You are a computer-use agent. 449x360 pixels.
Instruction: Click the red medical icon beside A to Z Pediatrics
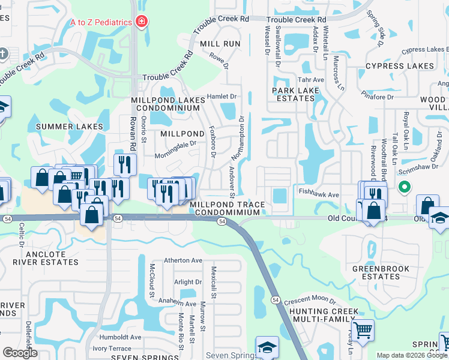(x=142, y=22)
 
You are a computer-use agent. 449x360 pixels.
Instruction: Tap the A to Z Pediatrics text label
(x=101, y=22)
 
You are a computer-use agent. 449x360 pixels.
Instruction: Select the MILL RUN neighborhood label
(x=220, y=44)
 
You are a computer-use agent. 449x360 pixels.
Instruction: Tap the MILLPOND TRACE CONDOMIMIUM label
(x=228, y=208)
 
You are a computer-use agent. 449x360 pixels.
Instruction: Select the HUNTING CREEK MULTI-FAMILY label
(x=324, y=316)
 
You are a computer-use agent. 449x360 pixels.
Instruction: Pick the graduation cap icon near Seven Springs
(x=267, y=346)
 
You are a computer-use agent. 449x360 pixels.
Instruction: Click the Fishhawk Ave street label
(x=319, y=194)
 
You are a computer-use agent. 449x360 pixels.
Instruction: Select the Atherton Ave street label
(x=184, y=260)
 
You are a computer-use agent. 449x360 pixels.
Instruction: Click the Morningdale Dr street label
(x=176, y=143)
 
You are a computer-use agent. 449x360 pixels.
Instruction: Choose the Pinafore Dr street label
(x=378, y=96)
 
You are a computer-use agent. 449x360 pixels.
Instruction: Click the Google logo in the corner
(x=20, y=353)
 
